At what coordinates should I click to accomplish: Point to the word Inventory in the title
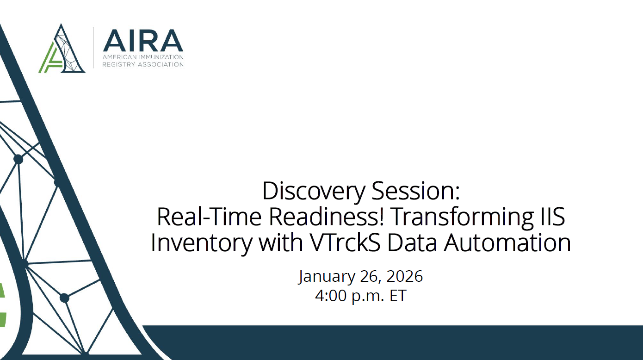click(202, 242)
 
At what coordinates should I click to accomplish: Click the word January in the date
click(326, 277)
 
